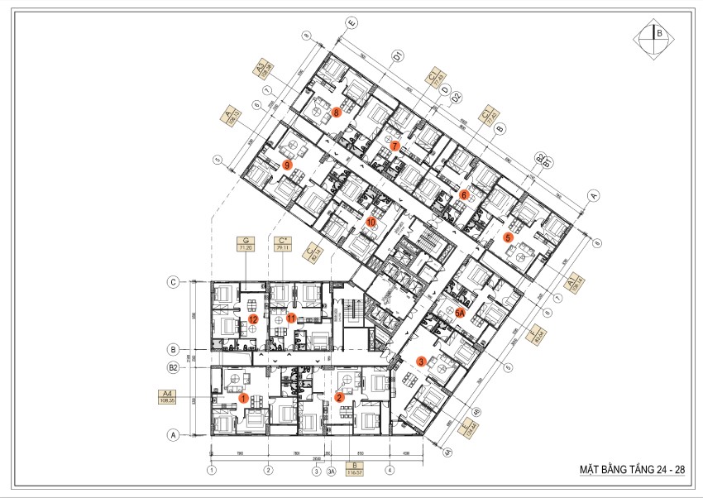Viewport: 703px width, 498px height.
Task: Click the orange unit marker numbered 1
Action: (243, 398)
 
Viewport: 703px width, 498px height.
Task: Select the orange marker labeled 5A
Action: (459, 313)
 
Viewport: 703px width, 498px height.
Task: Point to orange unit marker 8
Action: (337, 111)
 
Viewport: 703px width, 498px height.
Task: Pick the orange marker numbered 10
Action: (371, 223)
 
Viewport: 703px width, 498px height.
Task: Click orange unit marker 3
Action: (421, 361)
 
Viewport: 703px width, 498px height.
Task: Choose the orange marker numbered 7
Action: (395, 146)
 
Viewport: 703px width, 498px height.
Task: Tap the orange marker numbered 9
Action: (286, 165)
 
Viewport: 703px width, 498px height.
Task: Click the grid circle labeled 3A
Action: (329, 472)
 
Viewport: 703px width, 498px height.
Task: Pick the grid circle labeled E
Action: (351, 22)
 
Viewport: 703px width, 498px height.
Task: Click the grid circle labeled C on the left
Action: (175, 282)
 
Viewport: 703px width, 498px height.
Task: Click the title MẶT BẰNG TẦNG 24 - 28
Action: (632, 469)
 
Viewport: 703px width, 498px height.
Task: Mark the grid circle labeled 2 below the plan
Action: (268, 472)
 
